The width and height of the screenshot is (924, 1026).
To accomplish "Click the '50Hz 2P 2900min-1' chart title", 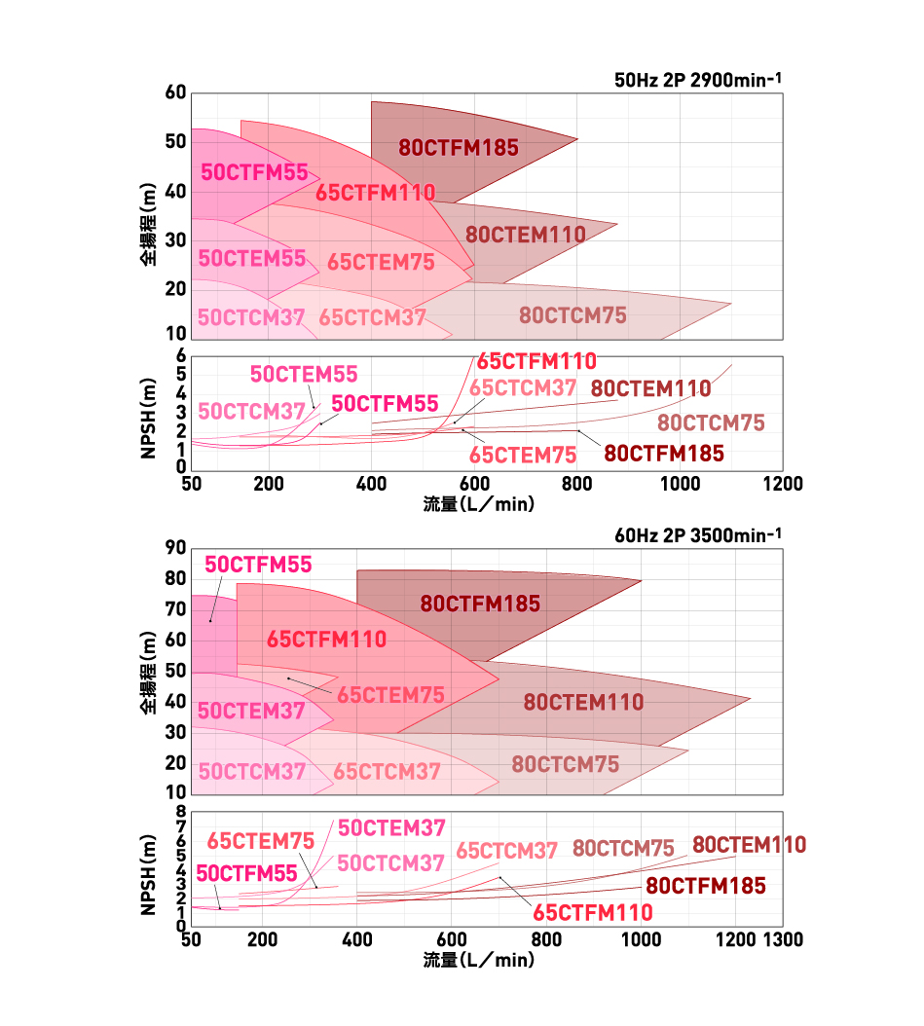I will point(698,80).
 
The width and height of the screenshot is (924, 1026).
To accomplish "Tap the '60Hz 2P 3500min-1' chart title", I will point(698,534).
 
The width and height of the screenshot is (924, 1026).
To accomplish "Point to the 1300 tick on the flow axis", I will point(783,940).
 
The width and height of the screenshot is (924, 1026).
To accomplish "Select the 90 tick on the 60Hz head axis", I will point(175,548).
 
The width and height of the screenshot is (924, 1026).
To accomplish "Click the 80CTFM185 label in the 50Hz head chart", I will point(459,148).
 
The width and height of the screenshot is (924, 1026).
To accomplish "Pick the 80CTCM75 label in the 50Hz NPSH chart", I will point(711,423).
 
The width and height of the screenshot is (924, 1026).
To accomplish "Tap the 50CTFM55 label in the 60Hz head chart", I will point(258,565).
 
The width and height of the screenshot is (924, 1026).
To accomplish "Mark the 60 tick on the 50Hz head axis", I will point(175,93).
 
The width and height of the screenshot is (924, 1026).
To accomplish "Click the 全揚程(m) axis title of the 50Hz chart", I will point(147,229).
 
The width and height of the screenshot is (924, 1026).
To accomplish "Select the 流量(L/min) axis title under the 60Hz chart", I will point(479,960).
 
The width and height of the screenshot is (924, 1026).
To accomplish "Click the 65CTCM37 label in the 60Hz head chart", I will point(388,772).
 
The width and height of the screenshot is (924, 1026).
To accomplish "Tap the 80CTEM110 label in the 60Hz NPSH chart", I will point(749,844).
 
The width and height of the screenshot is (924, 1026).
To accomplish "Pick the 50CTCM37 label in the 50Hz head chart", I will point(251,317).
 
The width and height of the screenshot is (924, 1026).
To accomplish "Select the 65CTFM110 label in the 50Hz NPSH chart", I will point(536,361).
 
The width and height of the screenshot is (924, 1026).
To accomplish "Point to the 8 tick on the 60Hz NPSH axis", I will point(180,810).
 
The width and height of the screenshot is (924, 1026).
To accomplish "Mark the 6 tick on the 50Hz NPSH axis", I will point(180,356).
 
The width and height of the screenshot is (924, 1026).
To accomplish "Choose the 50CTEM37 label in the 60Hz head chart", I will point(251,712).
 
